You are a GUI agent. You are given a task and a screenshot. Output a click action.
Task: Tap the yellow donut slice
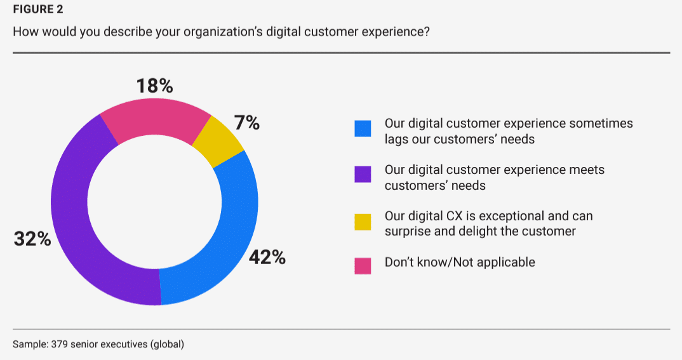[220, 143]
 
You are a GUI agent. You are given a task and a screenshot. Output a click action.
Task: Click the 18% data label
[155, 86]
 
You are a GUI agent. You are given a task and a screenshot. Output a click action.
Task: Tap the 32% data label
[32, 240]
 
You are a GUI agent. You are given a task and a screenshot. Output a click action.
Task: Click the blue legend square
[363, 129]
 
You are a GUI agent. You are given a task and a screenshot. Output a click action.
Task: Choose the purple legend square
[363, 175]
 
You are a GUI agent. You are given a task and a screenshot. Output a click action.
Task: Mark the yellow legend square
[363, 222]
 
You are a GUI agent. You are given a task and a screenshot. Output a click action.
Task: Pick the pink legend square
[363, 265]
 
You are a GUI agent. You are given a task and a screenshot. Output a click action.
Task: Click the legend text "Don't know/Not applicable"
[460, 262]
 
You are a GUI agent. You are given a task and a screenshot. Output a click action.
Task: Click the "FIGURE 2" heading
[38, 10]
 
